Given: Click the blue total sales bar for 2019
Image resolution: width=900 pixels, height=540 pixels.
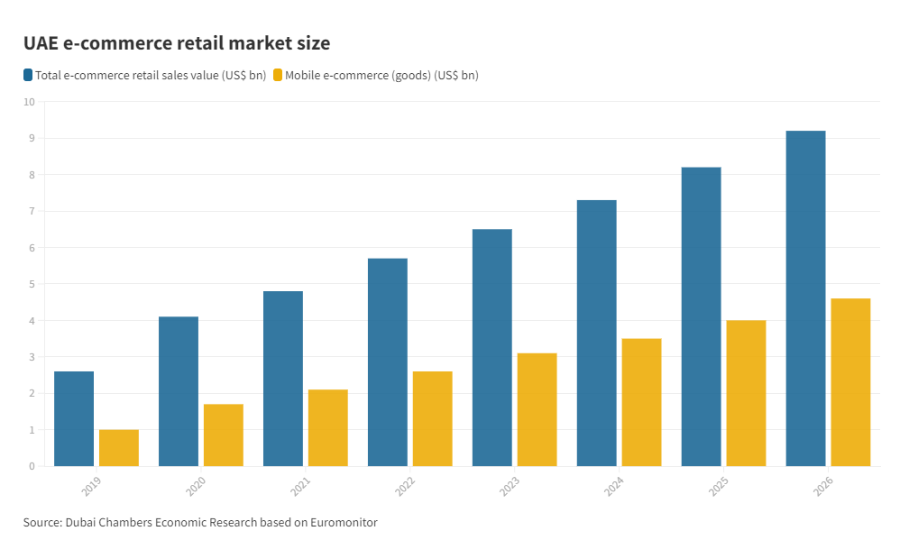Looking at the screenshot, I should (x=74, y=418).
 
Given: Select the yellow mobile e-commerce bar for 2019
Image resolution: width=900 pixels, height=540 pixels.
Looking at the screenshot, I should (x=119, y=448).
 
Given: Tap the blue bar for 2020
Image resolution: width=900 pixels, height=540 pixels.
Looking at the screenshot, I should (x=179, y=391).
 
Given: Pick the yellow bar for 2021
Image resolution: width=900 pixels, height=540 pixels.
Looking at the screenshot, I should (x=327, y=427).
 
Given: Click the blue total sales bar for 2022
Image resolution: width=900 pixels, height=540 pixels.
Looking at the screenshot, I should (x=388, y=362).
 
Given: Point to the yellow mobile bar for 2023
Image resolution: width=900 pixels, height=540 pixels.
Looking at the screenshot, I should (x=537, y=409).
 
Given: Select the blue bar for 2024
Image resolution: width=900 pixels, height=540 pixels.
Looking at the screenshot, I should (x=596, y=333).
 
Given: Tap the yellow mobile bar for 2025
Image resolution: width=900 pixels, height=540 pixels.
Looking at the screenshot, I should (x=746, y=393).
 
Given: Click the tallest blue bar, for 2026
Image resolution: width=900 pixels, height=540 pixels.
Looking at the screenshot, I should (x=805, y=298).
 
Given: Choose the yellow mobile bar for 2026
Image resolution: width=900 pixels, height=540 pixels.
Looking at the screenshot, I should (x=850, y=382).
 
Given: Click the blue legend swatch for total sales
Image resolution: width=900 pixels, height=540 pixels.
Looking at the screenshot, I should (x=29, y=75).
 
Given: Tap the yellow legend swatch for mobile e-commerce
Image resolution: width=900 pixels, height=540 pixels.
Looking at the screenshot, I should (x=277, y=75).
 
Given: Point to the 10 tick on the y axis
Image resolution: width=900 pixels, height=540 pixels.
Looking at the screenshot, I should (x=29, y=102).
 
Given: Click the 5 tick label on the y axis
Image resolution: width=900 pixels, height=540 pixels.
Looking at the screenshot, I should (x=31, y=284).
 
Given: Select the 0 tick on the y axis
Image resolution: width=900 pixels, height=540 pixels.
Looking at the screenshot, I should (x=31, y=466).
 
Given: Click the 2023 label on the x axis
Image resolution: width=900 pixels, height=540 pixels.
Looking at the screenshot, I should (x=510, y=487).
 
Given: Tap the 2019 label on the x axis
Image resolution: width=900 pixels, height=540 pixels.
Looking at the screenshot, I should (x=92, y=487).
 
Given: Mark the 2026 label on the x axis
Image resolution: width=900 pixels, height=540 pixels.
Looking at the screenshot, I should (x=824, y=487).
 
